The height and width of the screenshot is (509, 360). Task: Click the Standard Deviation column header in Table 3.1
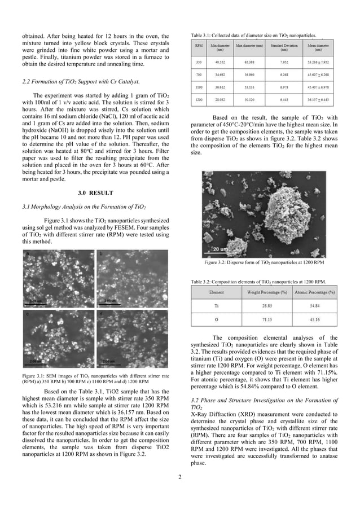pyautogui.click(x=280, y=46)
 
